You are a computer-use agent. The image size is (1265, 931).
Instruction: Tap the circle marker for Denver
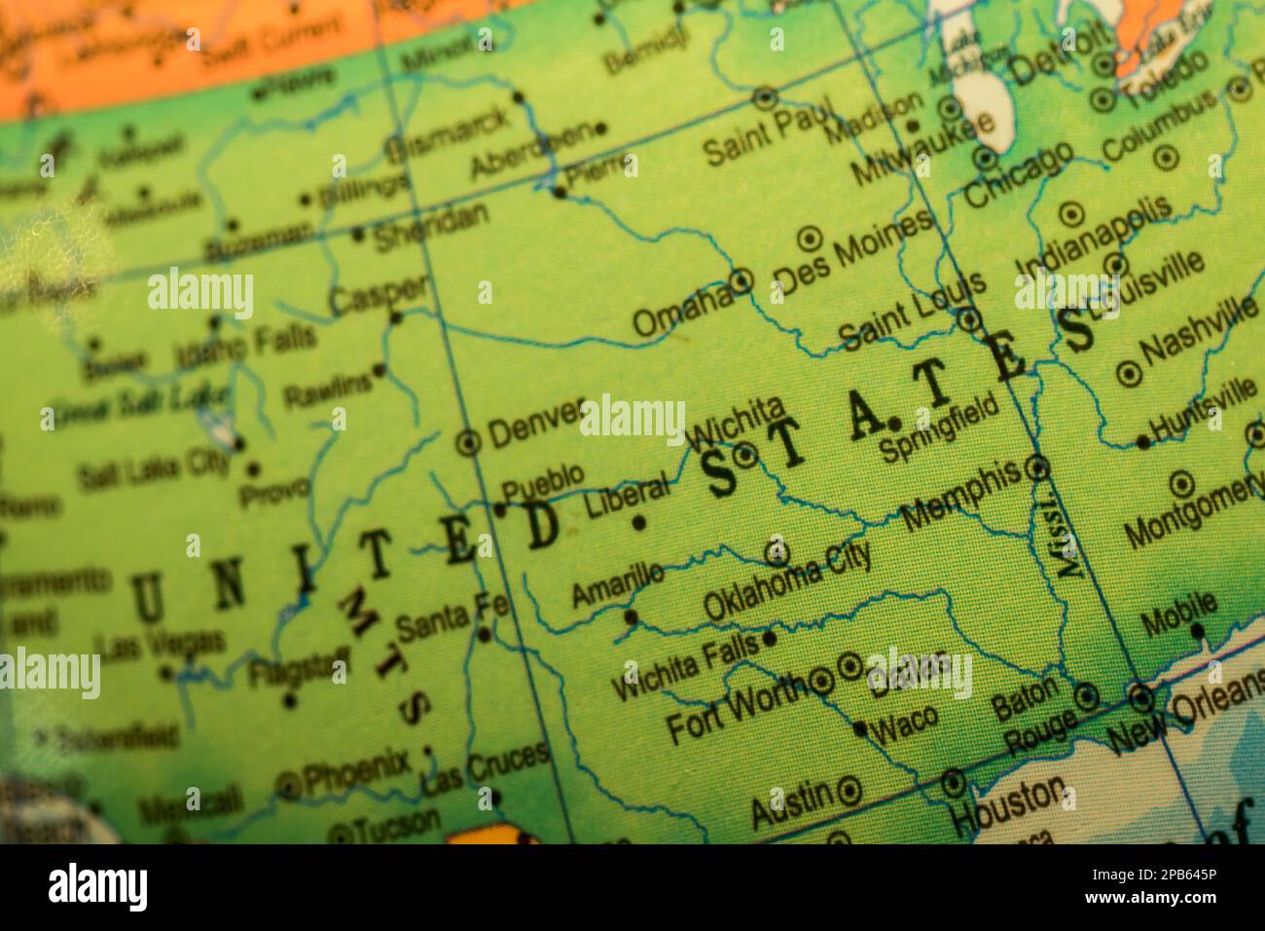click(x=469, y=443)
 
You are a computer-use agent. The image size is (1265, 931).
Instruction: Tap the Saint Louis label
click(x=913, y=310)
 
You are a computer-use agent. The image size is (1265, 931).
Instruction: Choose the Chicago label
click(x=1018, y=175)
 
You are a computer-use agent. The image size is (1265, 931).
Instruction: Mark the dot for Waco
click(x=860, y=727)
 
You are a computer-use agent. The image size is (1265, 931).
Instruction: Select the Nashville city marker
click(x=1128, y=372)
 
